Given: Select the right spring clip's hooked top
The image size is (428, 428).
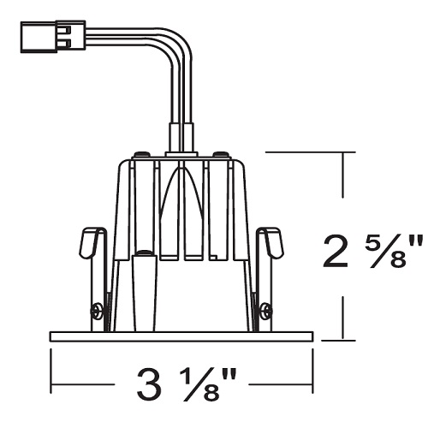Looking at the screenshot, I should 273,241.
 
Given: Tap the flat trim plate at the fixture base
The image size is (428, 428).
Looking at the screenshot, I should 181,336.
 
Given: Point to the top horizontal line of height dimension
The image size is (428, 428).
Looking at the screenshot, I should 308,152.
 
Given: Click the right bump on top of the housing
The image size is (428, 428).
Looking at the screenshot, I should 222,154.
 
